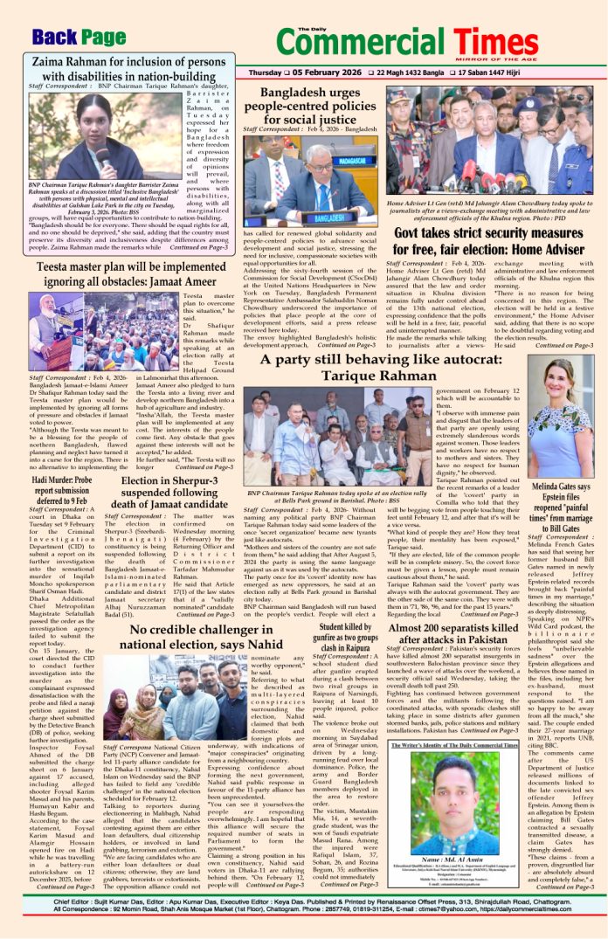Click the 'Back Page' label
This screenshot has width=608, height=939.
[x=79, y=37]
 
